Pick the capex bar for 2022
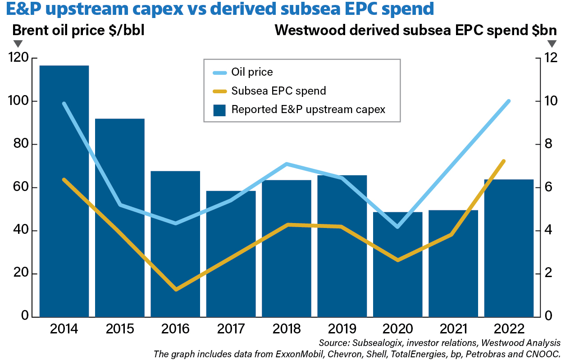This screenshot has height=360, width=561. coord(509,248)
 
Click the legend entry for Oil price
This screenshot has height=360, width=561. coord(252,72)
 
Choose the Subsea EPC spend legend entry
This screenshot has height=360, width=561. coord(278,91)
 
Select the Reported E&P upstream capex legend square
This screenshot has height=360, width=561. coord(219,110)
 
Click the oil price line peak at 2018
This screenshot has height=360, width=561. coord(287,164)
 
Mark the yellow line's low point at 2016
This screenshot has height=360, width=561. coord(176,289)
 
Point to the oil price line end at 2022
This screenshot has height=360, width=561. coord(509,101)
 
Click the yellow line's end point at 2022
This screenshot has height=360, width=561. coord(504,161)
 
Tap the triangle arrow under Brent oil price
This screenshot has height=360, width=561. coord(18,44)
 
